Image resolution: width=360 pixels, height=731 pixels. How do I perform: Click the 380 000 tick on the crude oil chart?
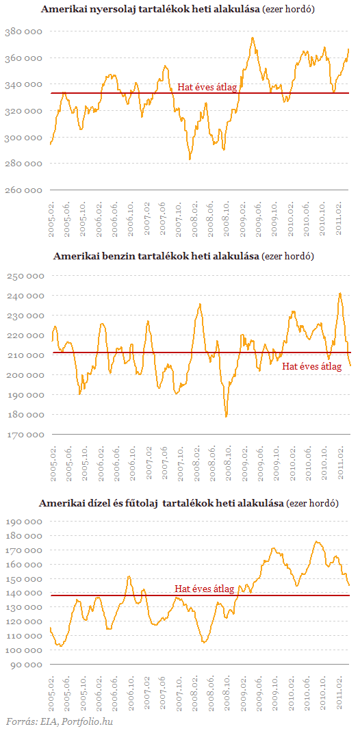click(23, 31)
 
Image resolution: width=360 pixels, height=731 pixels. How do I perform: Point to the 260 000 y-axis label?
click(23, 190)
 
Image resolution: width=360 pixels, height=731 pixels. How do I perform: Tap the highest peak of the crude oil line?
click(253, 38)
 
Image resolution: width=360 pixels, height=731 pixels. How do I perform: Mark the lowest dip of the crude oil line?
click(190, 159)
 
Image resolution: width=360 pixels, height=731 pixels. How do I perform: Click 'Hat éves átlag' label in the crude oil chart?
click(207, 87)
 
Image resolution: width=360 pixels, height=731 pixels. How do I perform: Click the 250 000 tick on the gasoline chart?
click(25, 276)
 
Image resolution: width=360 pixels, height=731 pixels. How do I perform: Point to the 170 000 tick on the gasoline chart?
click(25, 435)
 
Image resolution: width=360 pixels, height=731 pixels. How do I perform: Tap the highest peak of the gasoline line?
click(340, 293)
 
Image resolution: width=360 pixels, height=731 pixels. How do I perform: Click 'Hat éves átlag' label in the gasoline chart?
click(313, 366)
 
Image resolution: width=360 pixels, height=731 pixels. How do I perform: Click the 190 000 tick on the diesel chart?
click(25, 522)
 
